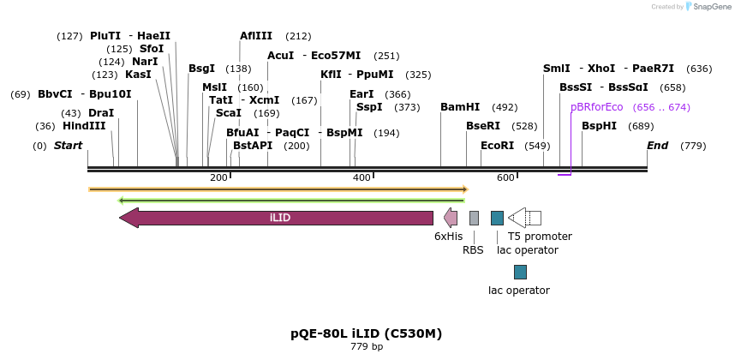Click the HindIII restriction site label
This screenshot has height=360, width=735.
coord(84,126)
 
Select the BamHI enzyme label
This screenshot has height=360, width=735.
coord(460,107)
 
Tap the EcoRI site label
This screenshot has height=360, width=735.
coord(497,146)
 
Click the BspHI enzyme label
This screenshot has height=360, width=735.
coord(599,126)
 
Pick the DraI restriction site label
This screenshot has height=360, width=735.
coord(101,113)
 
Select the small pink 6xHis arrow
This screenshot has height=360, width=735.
coord(450,218)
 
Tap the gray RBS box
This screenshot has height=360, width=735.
coord(474,218)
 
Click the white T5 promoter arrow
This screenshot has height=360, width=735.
coord(523,218)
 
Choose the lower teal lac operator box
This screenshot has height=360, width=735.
coord(520,272)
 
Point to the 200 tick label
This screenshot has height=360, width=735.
coord(218,177)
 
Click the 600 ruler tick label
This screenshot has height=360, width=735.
coord(505,177)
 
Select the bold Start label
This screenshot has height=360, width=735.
coord(68,146)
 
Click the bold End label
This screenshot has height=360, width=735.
coord(657,146)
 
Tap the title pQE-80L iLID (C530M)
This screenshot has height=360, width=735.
coord(367,333)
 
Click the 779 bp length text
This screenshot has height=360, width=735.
coord(367,346)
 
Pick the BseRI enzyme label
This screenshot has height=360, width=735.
coord(483,126)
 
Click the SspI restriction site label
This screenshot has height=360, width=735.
coord(369,107)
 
